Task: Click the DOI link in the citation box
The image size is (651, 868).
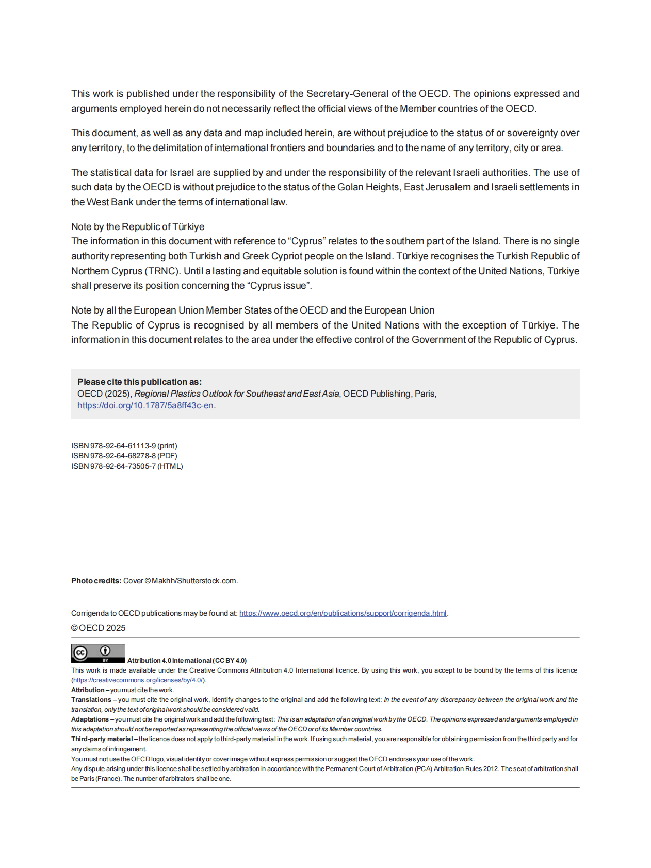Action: click(x=145, y=406)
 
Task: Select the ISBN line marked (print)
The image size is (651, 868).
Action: click(x=124, y=446)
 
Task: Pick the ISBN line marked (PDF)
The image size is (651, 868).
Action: click(x=124, y=456)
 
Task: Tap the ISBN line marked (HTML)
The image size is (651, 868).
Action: click(x=127, y=466)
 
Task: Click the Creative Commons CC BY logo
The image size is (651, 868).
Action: click(x=98, y=653)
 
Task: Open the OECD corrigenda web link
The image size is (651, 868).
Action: click(x=343, y=613)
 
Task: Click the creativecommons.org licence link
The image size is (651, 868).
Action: click(x=138, y=680)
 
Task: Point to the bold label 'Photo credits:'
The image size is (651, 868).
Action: click(x=96, y=581)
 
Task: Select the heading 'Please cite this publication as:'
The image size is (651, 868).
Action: click(x=139, y=382)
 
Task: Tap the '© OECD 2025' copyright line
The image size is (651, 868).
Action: click(x=99, y=628)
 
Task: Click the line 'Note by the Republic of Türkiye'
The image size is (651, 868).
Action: click(x=138, y=227)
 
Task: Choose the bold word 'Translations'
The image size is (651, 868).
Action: click(x=91, y=700)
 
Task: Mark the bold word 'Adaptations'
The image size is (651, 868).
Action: click(x=90, y=719)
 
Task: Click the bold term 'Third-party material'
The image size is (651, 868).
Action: click(x=102, y=739)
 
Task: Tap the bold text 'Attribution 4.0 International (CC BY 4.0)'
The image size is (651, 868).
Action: click(x=187, y=661)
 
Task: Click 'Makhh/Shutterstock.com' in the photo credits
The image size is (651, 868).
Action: click(x=194, y=581)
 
